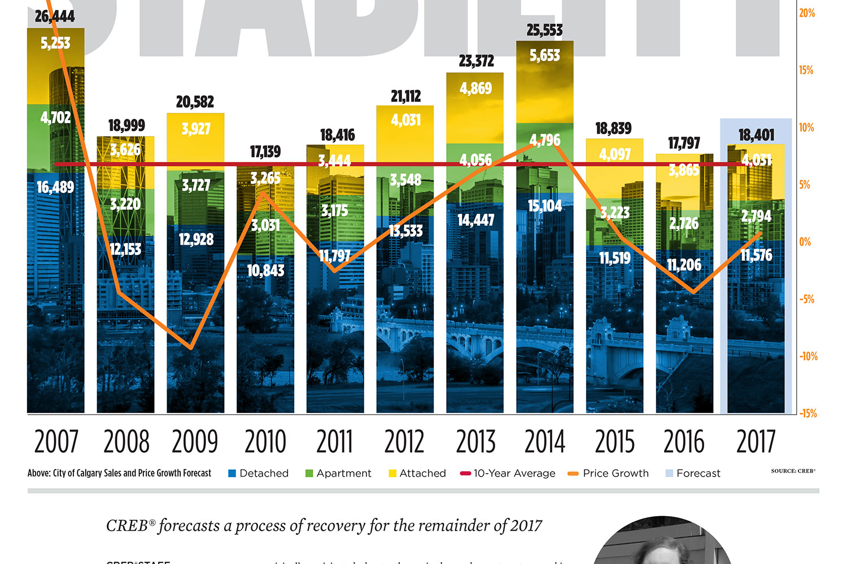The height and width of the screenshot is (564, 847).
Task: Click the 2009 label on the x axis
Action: tap(195, 442)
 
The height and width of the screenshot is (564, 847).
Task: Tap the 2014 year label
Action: tap(545, 442)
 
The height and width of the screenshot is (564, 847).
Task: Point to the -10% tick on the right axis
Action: tap(807, 356)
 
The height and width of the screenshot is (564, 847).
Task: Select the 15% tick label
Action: tap(806, 70)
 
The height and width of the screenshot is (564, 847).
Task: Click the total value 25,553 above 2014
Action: tap(544, 30)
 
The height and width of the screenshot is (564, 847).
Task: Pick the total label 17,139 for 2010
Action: tap(265, 152)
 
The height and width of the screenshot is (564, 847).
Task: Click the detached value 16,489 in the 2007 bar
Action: tap(55, 187)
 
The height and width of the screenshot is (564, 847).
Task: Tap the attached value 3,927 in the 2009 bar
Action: tap(195, 129)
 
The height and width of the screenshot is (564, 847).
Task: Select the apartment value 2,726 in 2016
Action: tap(684, 224)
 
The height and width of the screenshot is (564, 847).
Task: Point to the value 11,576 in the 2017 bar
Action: tap(756, 255)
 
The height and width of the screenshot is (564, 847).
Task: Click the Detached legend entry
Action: tap(259, 473)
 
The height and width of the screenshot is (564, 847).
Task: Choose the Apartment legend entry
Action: tap(338, 473)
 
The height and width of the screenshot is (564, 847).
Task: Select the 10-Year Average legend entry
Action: tap(508, 473)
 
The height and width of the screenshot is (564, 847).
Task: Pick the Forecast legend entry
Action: tap(693, 473)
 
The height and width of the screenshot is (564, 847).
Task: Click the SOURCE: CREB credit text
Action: tap(793, 470)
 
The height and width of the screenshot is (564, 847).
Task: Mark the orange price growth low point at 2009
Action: tap(191, 348)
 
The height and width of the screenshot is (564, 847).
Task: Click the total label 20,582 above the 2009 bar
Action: tap(195, 102)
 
